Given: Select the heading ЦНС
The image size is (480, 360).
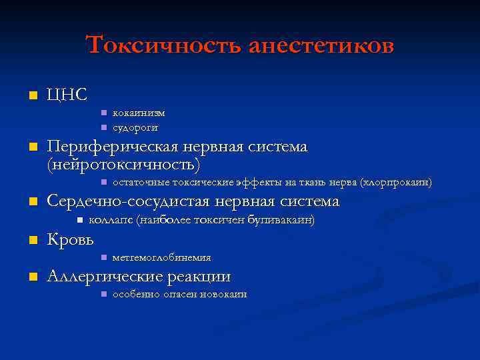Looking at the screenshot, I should [67, 95].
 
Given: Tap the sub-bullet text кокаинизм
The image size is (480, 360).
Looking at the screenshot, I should [139, 113].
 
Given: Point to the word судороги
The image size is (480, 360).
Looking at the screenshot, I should [135, 127].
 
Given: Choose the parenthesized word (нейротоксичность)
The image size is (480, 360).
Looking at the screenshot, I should [123, 163].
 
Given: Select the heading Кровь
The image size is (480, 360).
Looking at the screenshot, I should [70, 239].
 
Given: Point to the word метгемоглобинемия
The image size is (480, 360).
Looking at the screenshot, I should [162, 257].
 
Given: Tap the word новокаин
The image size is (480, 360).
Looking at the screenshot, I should [224, 294].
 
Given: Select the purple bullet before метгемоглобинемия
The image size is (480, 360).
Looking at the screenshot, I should [103, 257].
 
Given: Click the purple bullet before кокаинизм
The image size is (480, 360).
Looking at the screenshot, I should [103, 113].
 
